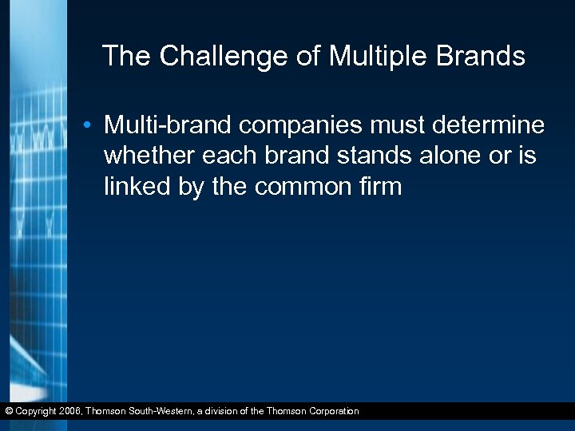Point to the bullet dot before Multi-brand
tap(93, 126)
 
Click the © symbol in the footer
tap(9, 411)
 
